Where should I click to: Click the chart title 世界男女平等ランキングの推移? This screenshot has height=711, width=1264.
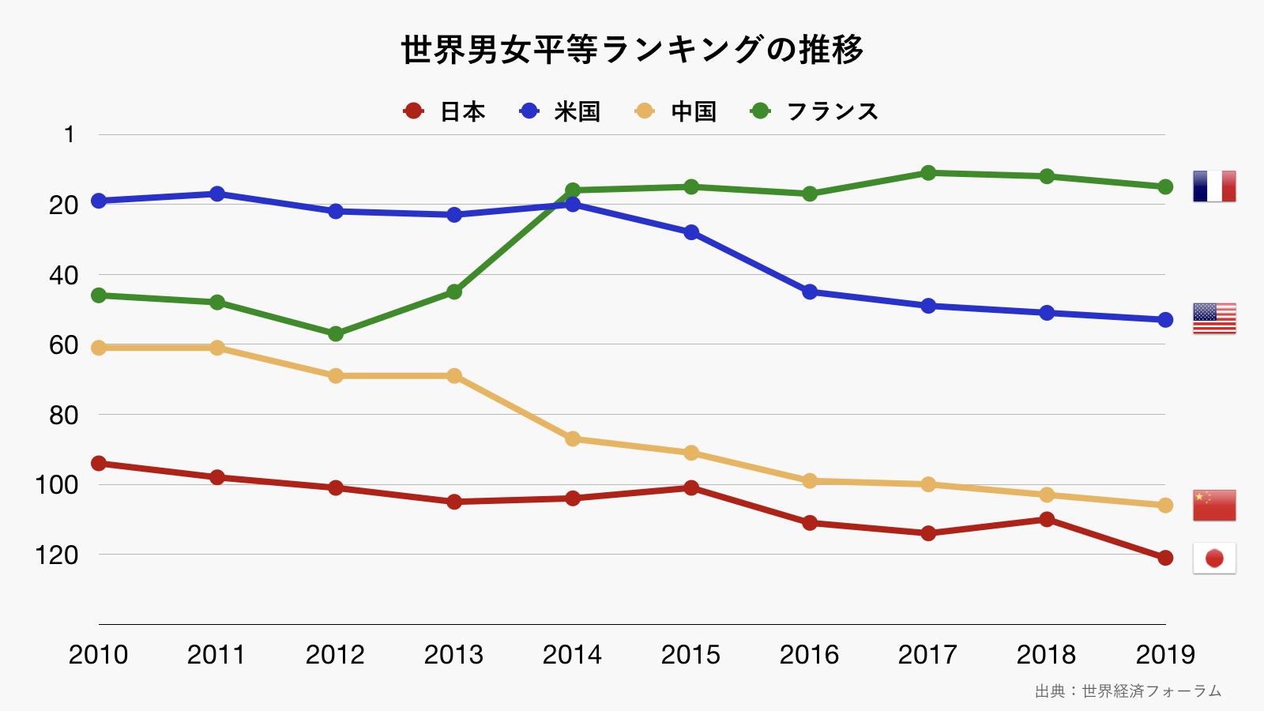point(632,50)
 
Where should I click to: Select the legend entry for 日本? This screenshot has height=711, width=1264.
point(444,111)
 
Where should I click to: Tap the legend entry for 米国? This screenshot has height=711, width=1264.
point(560,111)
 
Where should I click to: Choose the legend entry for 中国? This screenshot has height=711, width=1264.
point(676,111)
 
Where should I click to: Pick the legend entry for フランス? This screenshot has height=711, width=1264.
point(814,111)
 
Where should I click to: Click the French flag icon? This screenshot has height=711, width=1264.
point(1214,186)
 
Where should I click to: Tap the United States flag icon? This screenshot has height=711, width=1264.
point(1214,318)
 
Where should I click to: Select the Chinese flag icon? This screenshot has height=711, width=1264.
point(1214,506)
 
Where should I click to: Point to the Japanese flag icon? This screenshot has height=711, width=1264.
point(1214,559)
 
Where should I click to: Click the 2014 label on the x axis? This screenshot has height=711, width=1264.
point(572,655)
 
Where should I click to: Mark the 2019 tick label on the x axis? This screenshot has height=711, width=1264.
point(1165,655)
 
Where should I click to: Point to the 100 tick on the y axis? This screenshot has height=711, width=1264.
point(57,485)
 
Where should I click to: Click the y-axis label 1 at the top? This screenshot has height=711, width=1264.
point(70,135)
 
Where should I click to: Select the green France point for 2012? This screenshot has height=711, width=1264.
point(336,334)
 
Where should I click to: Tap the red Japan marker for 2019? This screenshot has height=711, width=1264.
point(1165,558)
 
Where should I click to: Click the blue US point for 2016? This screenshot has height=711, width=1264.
point(810,292)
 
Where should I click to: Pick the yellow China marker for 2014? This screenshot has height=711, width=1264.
point(573,438)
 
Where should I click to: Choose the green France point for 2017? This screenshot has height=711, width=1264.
point(928,172)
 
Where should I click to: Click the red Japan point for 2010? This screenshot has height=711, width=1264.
point(99,463)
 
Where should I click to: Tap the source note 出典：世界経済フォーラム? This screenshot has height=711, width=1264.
point(1128,691)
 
